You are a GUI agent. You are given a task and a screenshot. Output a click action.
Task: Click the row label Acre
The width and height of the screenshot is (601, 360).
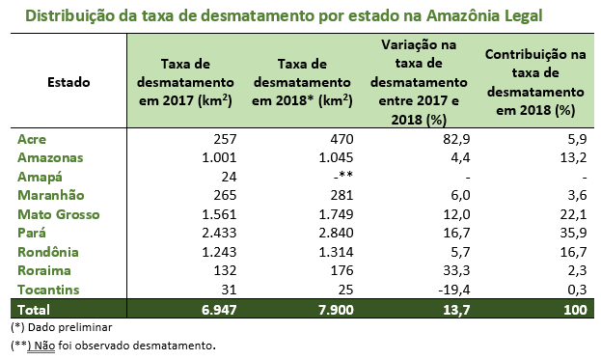[x=32, y=138]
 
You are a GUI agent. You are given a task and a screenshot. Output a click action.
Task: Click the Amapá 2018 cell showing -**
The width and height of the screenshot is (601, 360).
[x=345, y=177]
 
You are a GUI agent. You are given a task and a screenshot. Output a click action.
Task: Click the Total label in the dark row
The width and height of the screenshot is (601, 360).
[x=36, y=310]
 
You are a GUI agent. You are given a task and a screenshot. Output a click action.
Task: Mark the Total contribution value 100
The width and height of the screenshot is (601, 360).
[x=571, y=310]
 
